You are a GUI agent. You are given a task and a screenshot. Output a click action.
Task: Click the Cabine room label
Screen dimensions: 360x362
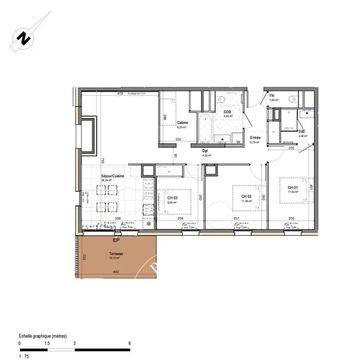click(183, 123)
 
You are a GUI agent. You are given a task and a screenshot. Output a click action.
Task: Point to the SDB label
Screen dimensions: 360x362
click(228, 111)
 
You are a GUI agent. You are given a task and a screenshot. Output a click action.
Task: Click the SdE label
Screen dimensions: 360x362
click(302, 131)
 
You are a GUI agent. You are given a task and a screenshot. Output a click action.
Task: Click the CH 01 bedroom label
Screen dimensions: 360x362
click(293, 188)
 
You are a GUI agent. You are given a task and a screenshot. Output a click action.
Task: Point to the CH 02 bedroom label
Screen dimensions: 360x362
click(247, 196)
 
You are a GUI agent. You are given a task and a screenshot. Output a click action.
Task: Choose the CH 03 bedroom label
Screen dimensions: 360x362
click(172, 198)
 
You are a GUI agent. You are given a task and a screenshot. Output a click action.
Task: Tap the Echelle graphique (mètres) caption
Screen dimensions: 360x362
click(43, 336)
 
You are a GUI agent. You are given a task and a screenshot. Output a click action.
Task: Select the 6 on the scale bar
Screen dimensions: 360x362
click(129, 343)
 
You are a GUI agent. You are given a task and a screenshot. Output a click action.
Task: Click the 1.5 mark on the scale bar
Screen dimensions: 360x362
click(47, 343)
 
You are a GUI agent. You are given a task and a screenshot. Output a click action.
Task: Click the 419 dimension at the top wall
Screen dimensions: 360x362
click(120, 94)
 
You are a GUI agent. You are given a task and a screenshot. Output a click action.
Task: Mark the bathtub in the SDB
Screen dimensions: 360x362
click(206, 128)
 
